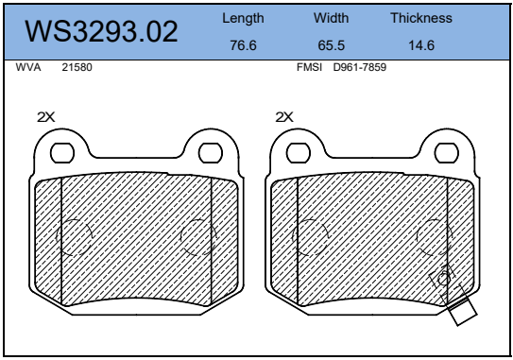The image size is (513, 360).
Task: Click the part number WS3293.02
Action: (x=101, y=32)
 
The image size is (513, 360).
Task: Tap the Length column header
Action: (x=243, y=19)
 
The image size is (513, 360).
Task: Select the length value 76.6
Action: (x=243, y=45)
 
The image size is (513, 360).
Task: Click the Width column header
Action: (x=331, y=18)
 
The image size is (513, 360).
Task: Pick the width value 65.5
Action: (x=331, y=45)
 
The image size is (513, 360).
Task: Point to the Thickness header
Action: (x=421, y=18)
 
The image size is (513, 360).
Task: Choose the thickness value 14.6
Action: (x=421, y=45)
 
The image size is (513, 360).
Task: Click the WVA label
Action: (x=28, y=67)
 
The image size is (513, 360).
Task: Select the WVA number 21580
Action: (x=77, y=67)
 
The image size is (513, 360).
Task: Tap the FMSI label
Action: (x=309, y=67)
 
